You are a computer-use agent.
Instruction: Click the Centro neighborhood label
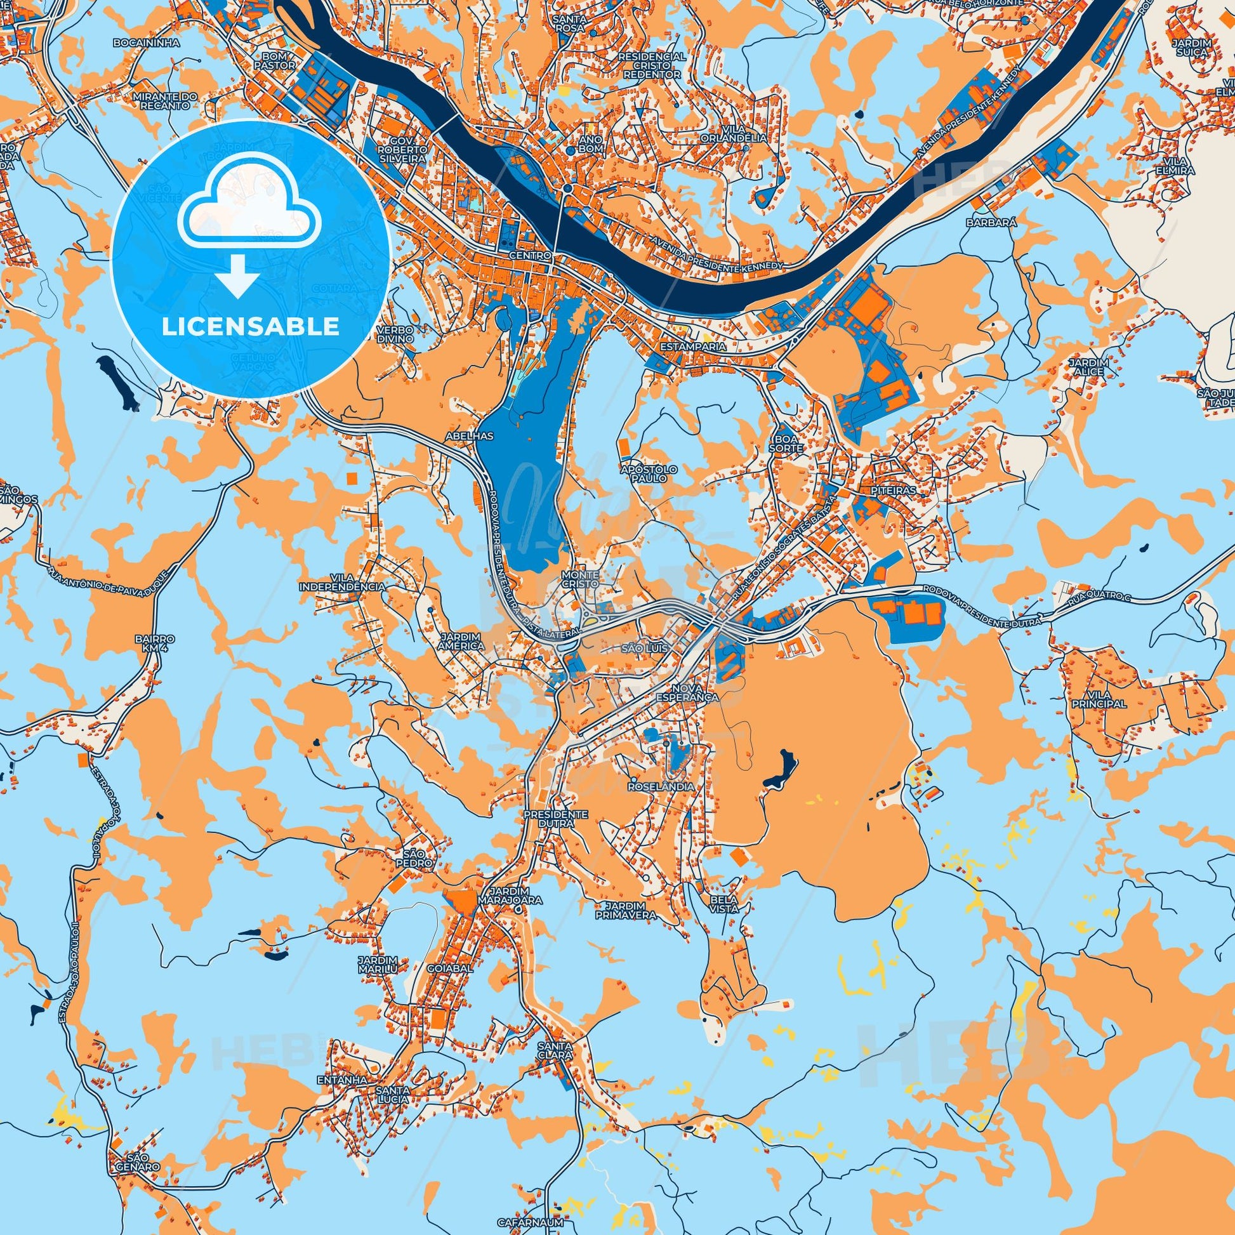(530, 255)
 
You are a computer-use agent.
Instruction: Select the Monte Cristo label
(580, 579)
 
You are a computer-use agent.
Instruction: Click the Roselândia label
(660, 787)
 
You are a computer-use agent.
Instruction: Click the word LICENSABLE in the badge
(250, 327)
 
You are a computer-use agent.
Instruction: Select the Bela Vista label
(723, 904)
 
